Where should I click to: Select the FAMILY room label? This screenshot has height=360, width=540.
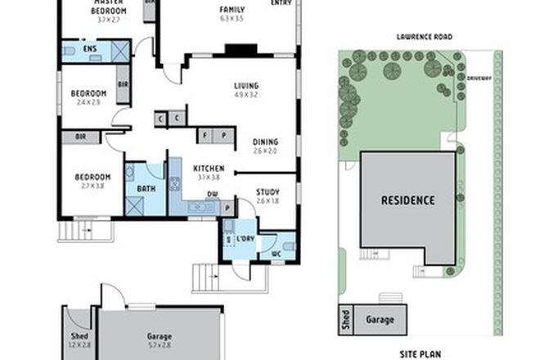[232, 9]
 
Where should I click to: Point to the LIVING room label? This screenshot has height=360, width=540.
[245, 85]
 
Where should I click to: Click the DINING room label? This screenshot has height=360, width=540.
[265, 141]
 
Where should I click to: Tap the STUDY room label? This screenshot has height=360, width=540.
[268, 191]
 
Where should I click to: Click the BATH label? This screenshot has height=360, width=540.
[146, 189]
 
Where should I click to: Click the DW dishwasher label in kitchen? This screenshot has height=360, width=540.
[212, 195]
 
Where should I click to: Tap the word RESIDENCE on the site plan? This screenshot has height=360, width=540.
[407, 200]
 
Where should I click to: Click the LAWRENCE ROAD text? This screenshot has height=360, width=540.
[424, 37]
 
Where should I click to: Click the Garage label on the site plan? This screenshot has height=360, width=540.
[380, 320]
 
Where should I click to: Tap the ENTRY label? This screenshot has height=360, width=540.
[281, 2]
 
